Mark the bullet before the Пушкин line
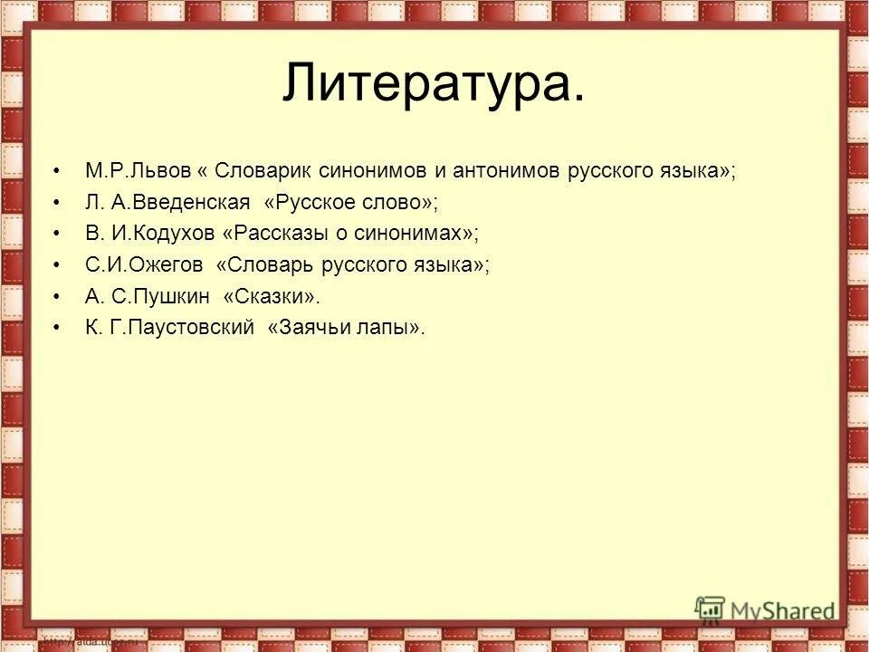(58, 297)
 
